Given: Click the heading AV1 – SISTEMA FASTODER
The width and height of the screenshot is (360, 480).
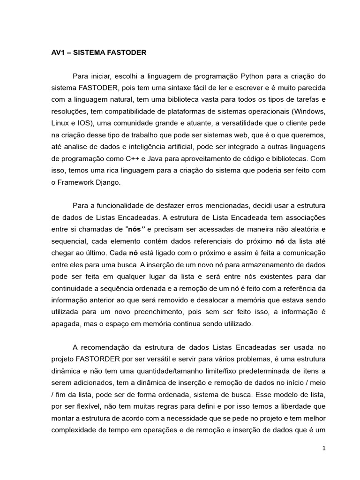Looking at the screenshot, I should tap(98, 53).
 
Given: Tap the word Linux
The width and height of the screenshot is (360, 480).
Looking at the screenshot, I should tap(60, 124).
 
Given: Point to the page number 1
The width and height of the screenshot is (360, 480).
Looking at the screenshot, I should tap(323, 448).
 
